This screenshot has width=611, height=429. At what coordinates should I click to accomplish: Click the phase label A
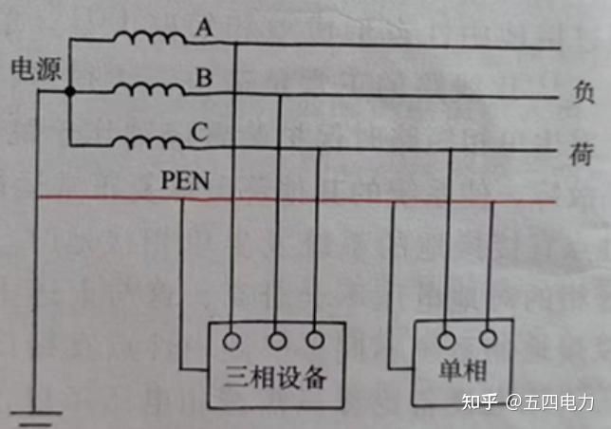(x=202, y=29)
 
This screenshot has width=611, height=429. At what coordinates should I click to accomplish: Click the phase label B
(x=202, y=79)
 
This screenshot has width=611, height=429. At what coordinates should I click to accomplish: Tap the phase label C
(x=199, y=133)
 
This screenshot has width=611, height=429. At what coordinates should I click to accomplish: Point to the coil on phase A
(x=150, y=39)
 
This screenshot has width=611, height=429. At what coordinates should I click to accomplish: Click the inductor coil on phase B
(x=150, y=89)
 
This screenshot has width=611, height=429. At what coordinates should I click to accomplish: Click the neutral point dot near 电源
(x=70, y=92)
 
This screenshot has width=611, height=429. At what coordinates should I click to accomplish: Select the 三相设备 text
(x=278, y=377)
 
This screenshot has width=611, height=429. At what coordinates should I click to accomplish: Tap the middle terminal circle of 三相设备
(x=278, y=337)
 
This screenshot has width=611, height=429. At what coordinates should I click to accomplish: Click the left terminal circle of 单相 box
(x=448, y=337)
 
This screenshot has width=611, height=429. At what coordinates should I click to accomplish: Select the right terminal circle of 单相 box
(x=489, y=337)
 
